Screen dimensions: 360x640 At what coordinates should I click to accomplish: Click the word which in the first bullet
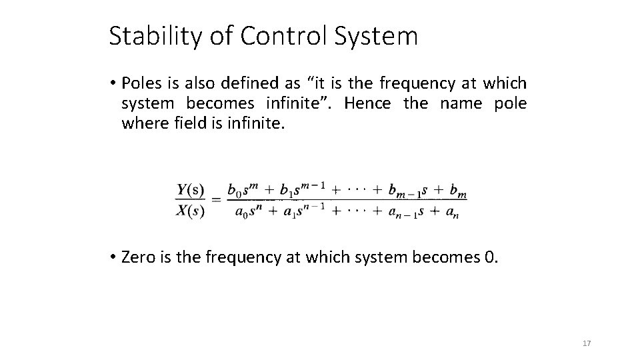coord(505,83)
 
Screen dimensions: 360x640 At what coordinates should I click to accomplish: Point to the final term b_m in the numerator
coord(458,191)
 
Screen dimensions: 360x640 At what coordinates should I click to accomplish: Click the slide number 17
coord(587,343)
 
